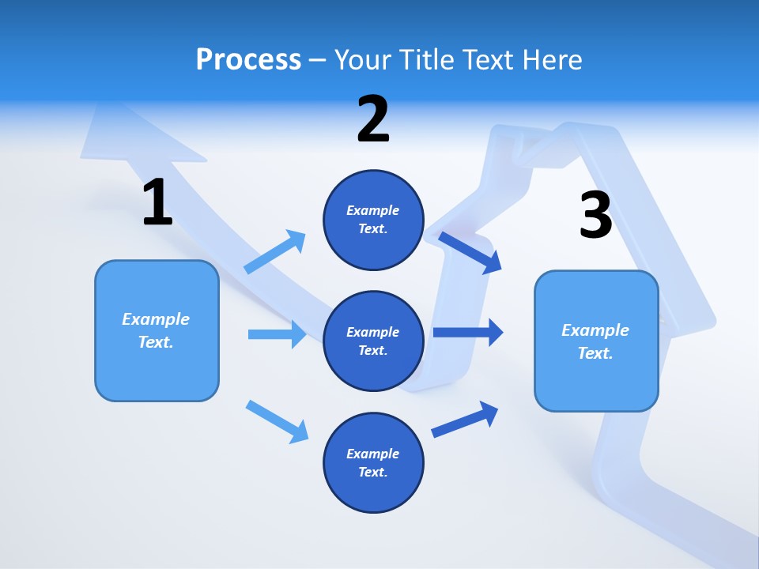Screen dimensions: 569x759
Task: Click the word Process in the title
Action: tap(248, 60)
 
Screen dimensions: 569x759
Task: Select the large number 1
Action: tap(157, 203)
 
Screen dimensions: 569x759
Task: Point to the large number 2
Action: tap(373, 119)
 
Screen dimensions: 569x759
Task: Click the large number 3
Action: tap(595, 216)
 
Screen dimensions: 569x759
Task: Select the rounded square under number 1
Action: tap(157, 330)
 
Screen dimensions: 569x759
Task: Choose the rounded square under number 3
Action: tap(596, 341)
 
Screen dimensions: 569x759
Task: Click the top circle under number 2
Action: tap(373, 220)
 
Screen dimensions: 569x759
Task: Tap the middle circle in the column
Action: tap(373, 341)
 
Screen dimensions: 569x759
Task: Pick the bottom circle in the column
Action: tap(373, 462)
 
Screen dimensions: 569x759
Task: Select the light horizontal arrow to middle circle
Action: tap(277, 334)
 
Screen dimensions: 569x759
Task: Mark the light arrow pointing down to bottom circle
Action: tap(278, 421)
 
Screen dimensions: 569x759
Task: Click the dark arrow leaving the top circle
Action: tap(471, 252)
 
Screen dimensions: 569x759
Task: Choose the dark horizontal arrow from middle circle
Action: tap(468, 332)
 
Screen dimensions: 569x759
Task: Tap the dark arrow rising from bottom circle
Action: tap(466, 420)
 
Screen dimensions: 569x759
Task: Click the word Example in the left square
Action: tap(156, 319)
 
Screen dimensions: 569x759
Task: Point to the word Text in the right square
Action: tap(595, 353)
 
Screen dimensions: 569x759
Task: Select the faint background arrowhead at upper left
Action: tap(126, 134)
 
